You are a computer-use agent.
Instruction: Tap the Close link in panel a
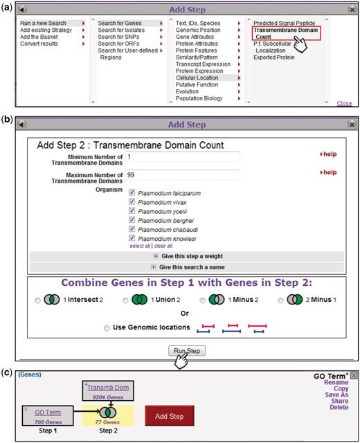coord(344,103)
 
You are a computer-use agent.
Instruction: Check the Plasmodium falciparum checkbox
coord(132,192)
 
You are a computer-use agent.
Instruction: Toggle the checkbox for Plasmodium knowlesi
coord(132,237)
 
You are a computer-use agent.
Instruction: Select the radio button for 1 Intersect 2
coord(37,300)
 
